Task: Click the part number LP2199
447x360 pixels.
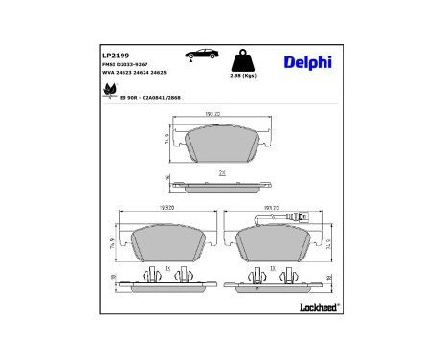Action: tap(115, 56)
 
